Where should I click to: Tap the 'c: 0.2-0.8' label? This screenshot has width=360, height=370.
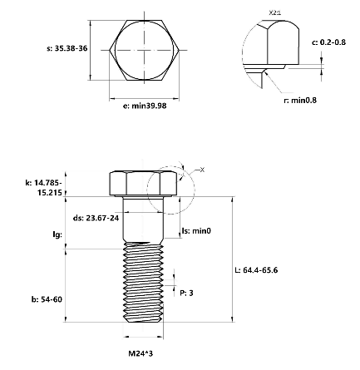[x=328, y=42]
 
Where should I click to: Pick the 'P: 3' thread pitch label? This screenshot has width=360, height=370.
[x=187, y=294]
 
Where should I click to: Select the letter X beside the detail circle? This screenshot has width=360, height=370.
[x=201, y=169]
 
